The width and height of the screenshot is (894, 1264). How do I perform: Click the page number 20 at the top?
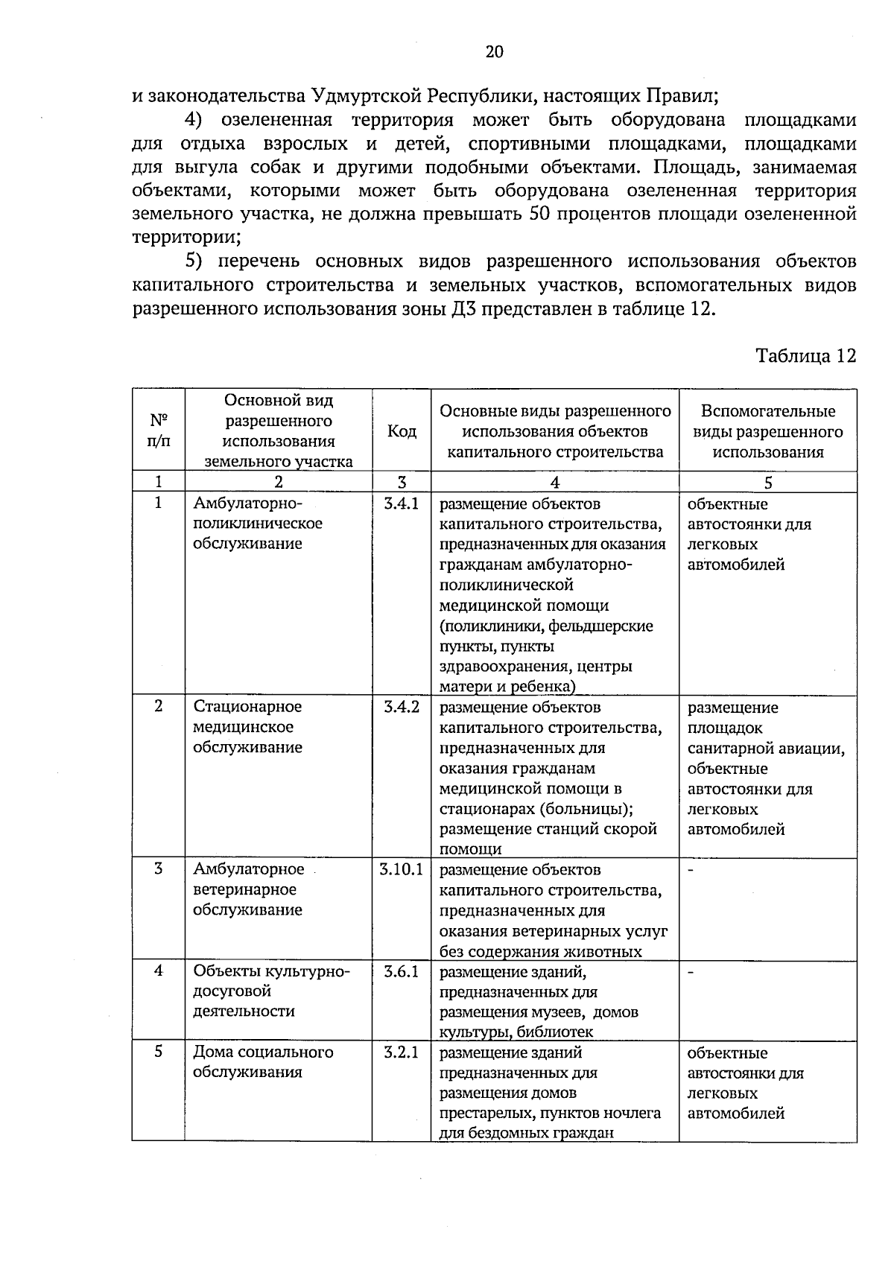[x=494, y=51]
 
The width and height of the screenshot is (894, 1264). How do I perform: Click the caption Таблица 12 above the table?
[x=806, y=355]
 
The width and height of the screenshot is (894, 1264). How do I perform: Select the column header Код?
[x=402, y=431]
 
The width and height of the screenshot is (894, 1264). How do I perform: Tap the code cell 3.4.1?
[x=402, y=504]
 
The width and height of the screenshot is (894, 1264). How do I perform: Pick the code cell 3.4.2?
[x=402, y=706]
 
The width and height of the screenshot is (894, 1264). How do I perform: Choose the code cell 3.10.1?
[x=402, y=869]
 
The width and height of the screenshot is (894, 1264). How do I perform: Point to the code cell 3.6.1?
[x=402, y=971]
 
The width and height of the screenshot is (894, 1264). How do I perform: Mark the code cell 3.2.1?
[x=402, y=1052]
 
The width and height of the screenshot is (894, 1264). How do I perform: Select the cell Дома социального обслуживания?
[x=263, y=1062]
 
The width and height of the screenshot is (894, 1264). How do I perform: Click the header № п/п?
[x=158, y=430]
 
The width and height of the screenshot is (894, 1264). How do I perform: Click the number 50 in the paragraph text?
[x=540, y=215]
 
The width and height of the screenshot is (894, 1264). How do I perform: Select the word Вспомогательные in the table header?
[x=768, y=411]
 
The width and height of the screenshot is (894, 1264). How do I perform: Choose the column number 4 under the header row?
[x=555, y=482]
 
